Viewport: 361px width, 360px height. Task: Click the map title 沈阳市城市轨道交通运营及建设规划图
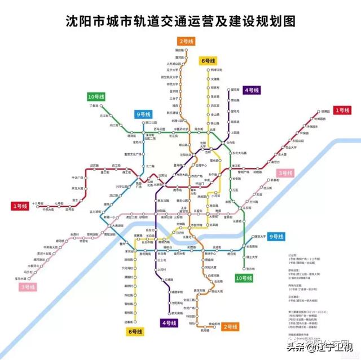180,21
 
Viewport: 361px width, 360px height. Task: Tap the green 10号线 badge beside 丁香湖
98,96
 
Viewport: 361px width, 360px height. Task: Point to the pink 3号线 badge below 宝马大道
27,287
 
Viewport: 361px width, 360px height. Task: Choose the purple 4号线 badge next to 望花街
252,90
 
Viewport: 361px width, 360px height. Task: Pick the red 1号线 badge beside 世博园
342,110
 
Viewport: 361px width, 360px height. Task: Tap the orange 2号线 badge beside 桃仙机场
230,326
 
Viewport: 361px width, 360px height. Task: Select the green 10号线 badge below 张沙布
244,278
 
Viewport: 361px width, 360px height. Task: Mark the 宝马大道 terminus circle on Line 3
26,278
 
